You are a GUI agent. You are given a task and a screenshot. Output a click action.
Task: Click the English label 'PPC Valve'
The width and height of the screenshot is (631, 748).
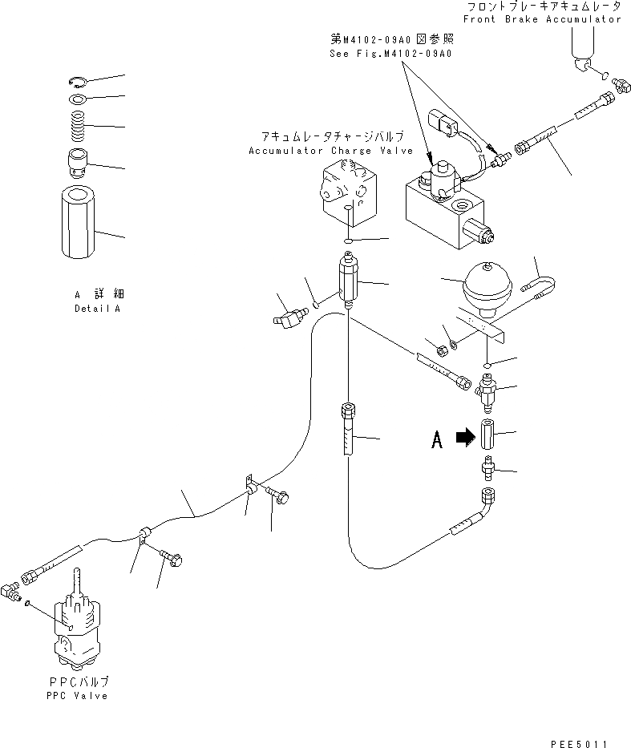77,695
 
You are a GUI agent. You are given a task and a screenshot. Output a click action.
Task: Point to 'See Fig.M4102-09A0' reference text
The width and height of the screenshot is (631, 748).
390,54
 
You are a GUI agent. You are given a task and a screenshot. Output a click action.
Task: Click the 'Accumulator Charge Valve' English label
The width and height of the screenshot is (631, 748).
330,151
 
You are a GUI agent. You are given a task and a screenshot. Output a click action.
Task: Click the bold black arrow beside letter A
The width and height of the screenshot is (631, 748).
463,437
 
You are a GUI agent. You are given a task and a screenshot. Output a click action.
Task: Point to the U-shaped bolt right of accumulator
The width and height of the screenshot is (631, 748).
541,282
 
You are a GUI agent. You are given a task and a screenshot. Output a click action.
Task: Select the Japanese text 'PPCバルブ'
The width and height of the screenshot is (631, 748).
78,681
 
